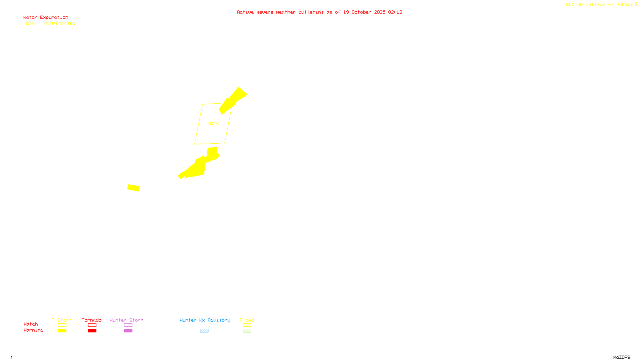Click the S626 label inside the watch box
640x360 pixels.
213,124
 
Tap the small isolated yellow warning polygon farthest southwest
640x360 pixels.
134,188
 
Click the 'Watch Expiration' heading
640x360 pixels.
46,18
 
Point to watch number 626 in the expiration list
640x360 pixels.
30,24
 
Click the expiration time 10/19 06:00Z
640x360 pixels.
60,24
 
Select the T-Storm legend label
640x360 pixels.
62,320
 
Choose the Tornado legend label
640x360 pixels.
92,320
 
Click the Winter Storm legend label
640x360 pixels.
126,320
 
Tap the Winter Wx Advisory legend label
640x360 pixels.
205,320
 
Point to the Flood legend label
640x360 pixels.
247,320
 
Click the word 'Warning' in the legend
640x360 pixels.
33,330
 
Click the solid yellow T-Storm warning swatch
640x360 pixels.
62,331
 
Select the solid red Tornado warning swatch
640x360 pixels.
92,331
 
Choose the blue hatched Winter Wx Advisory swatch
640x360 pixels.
204,331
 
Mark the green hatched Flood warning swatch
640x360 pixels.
247,331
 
